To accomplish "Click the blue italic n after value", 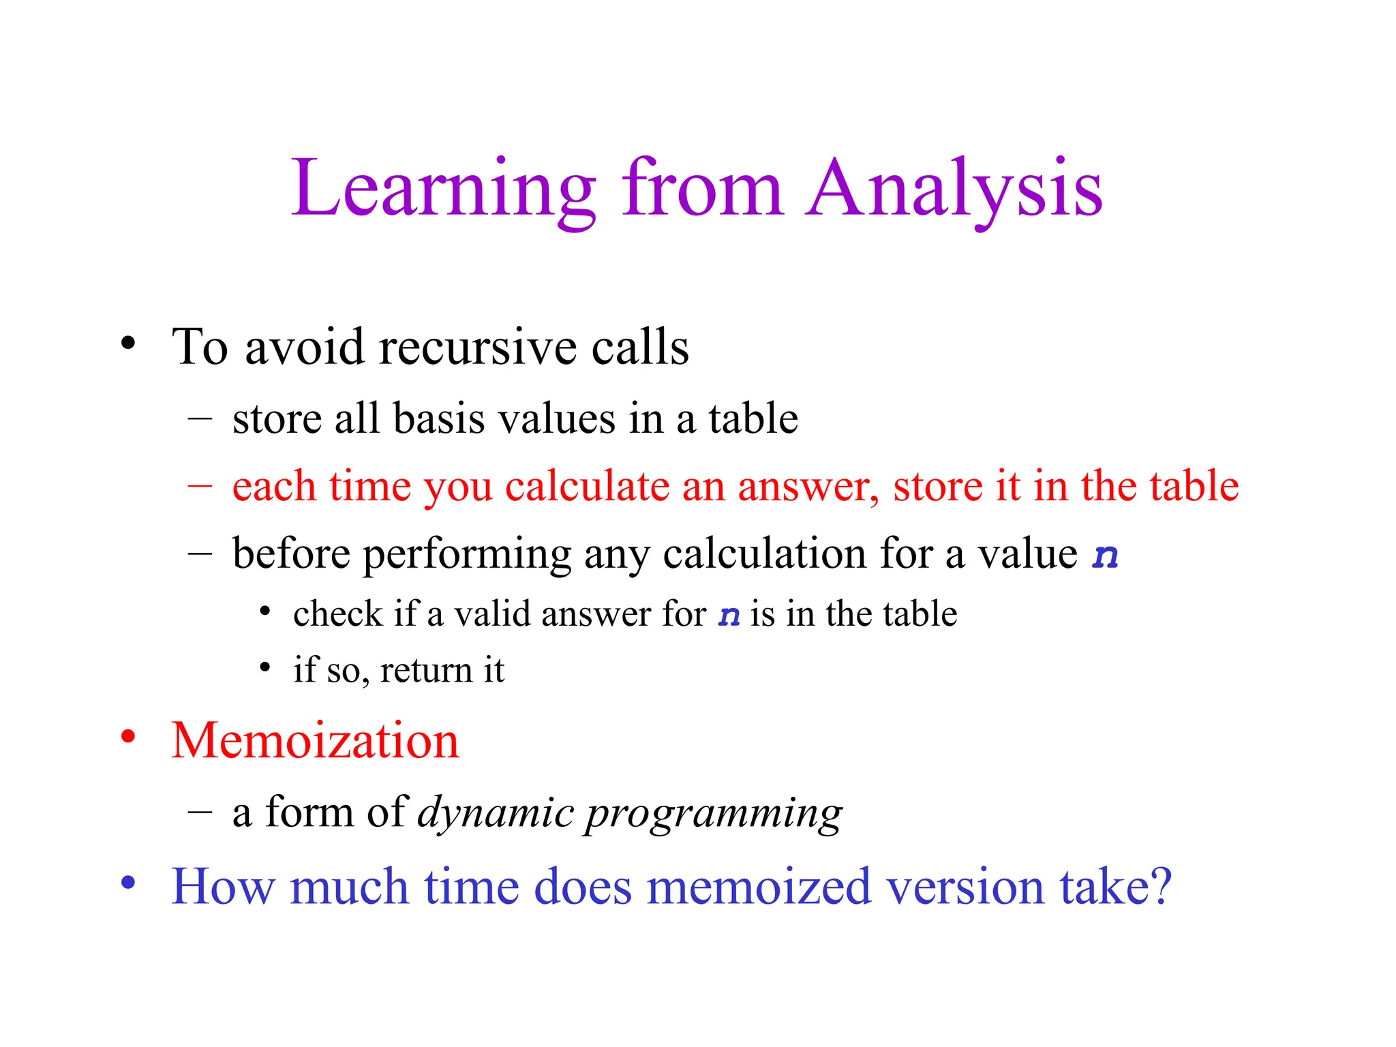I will point(1104,555).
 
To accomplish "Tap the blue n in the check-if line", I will point(729,616).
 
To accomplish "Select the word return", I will point(426,671).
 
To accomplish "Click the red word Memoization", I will point(315,741).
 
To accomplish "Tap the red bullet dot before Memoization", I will point(128,737).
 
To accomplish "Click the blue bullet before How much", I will point(128,883).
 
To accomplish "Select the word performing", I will point(466,555).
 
